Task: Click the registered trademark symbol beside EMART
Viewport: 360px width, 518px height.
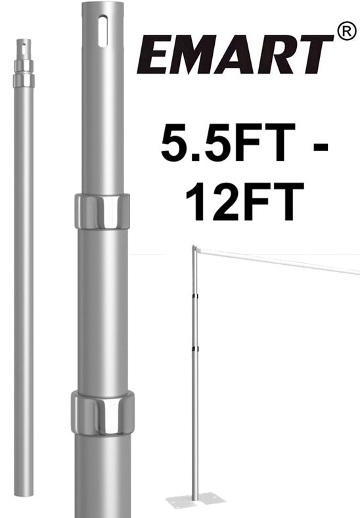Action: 346,32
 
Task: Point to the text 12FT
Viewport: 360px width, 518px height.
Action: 245,201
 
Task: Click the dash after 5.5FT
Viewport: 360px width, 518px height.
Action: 318,147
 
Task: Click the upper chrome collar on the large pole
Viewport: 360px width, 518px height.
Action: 102,212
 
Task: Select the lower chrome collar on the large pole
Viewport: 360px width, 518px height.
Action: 102,413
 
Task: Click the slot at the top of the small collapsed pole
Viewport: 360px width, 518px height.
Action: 24,49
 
